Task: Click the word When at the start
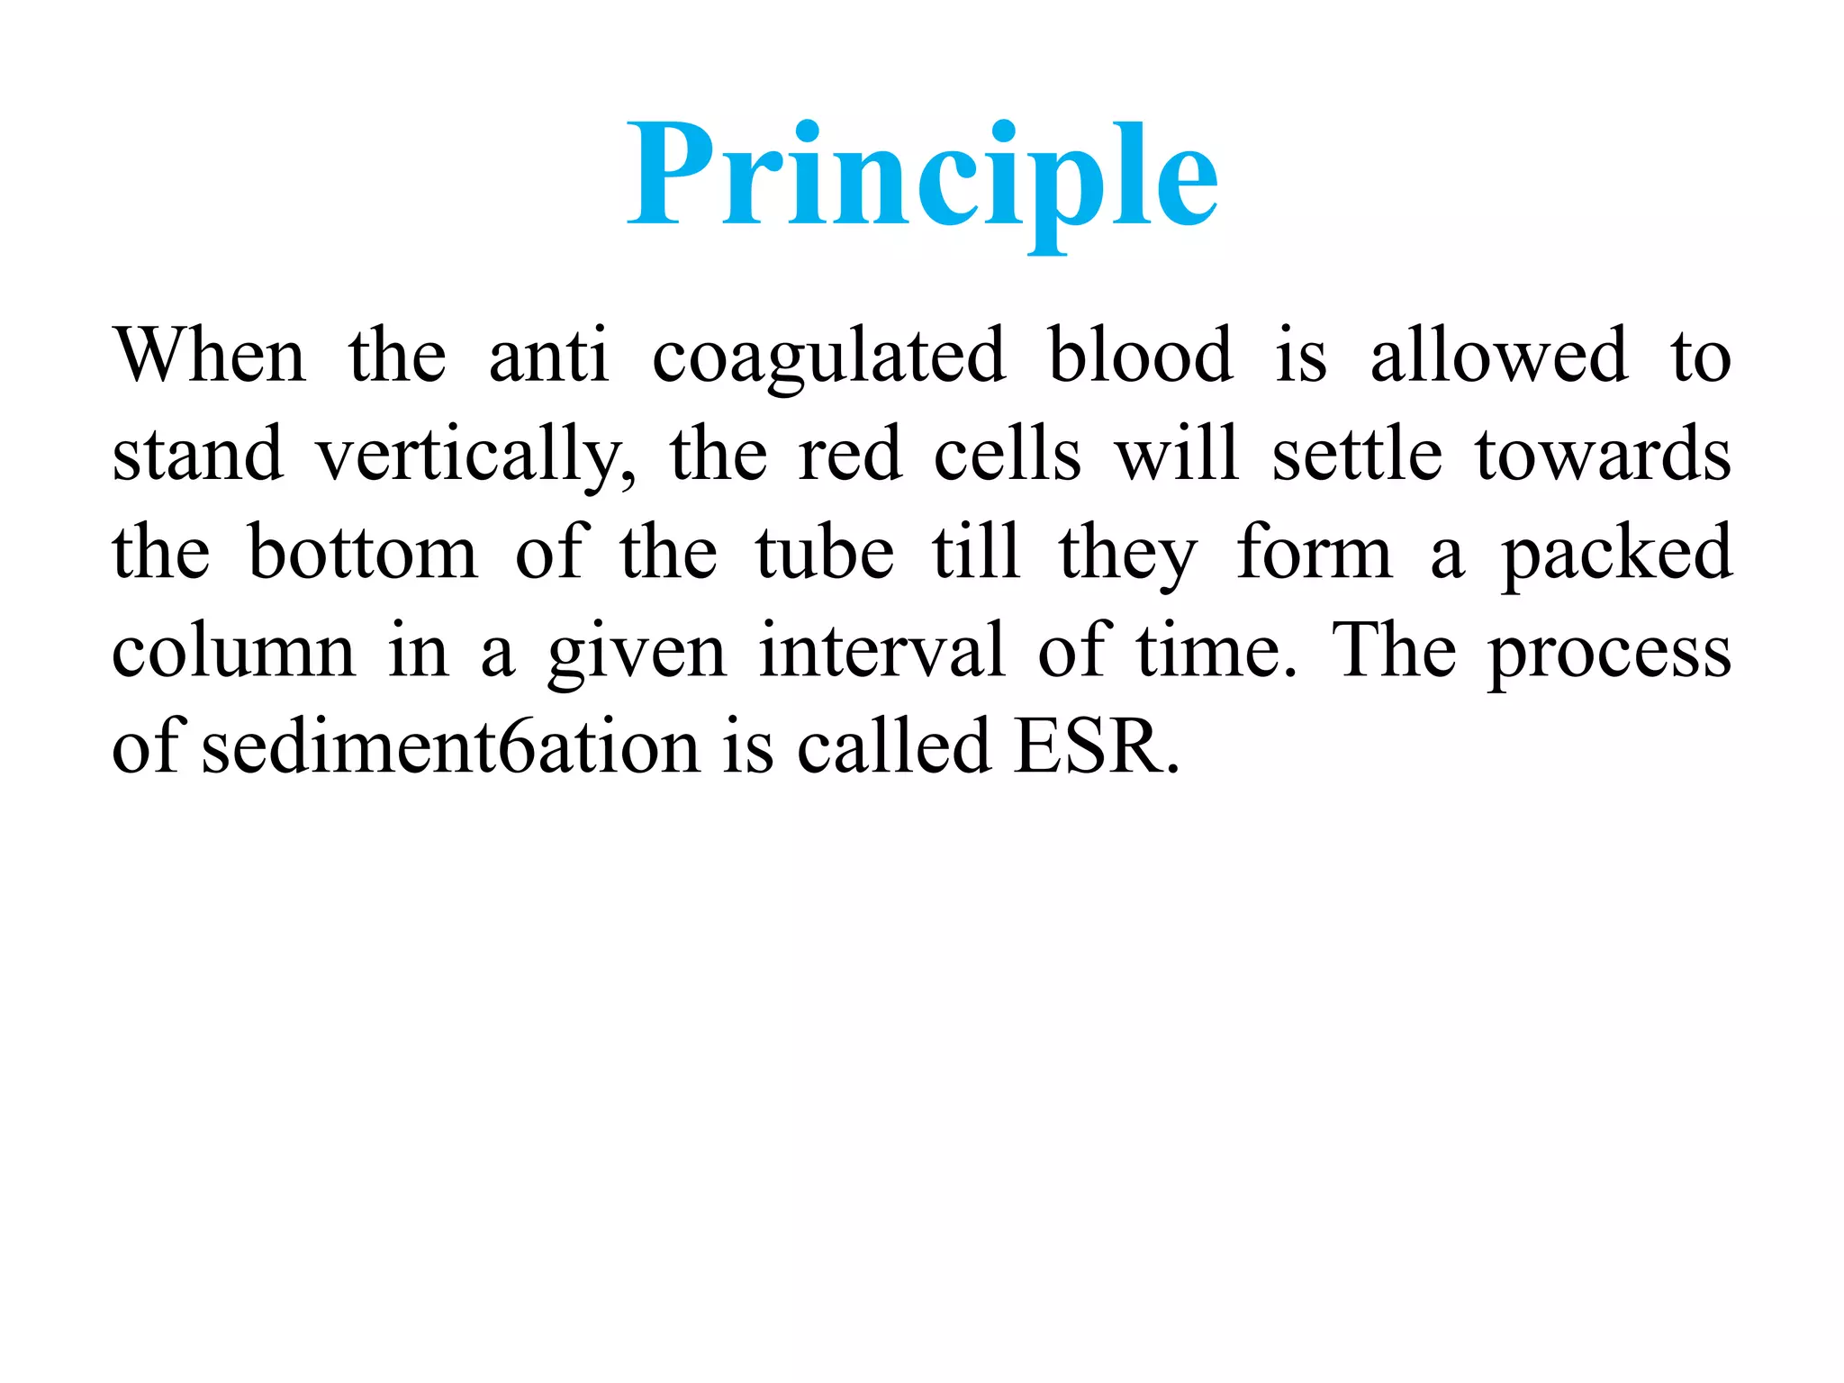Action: pyautogui.click(x=209, y=356)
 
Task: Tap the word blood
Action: pyautogui.click(x=1140, y=356)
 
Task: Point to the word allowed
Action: pyautogui.click(x=1499, y=356)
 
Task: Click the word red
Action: pyautogui.click(x=850, y=454)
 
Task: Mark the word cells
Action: pyautogui.click(x=1007, y=454)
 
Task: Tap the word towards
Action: pyautogui.click(x=1603, y=454)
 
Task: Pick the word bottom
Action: pyautogui.click(x=362, y=552)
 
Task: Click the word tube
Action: pyautogui.click(x=824, y=552)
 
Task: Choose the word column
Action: pyautogui.click(x=233, y=650)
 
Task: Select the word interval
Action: pyautogui.click(x=881, y=650)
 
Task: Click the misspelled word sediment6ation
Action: pyautogui.click(x=450, y=747)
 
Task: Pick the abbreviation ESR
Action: pyautogui.click(x=1095, y=747)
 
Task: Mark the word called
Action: pyautogui.click(x=893, y=747)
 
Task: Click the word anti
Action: pyautogui.click(x=548, y=356)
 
